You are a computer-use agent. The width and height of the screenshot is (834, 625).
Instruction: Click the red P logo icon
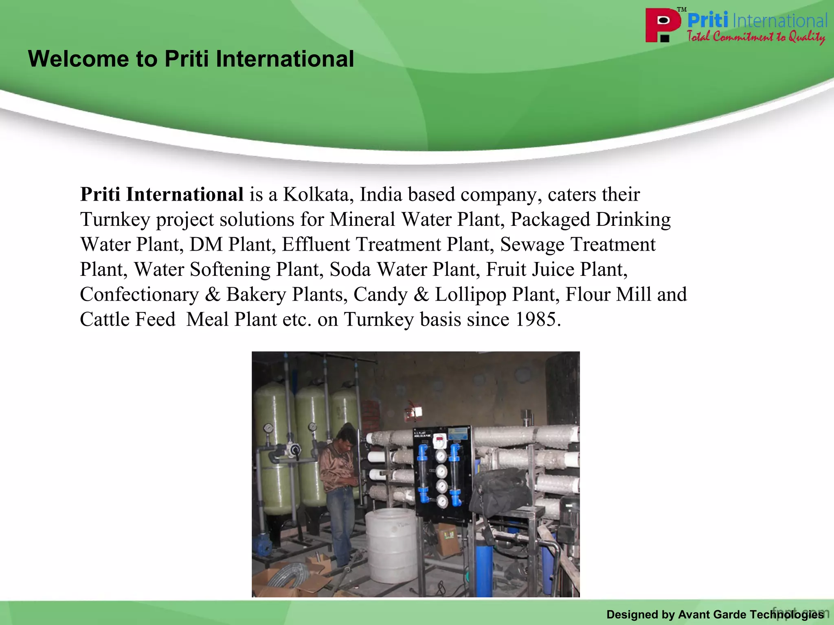[x=663, y=25]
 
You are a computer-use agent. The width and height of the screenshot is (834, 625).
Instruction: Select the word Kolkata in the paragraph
[x=318, y=194]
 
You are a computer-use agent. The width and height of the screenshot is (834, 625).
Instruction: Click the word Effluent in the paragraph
[x=316, y=245]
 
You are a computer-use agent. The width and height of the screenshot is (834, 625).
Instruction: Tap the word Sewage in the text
[x=532, y=245]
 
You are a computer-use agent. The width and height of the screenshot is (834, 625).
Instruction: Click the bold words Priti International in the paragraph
[x=162, y=194]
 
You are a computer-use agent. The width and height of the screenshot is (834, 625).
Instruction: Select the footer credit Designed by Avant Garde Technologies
[x=715, y=614]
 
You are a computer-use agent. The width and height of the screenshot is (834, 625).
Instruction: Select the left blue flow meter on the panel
[x=423, y=472]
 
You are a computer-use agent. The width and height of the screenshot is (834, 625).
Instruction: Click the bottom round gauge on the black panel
[x=441, y=501]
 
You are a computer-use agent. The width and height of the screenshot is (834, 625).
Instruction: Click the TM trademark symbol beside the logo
[x=682, y=9]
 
